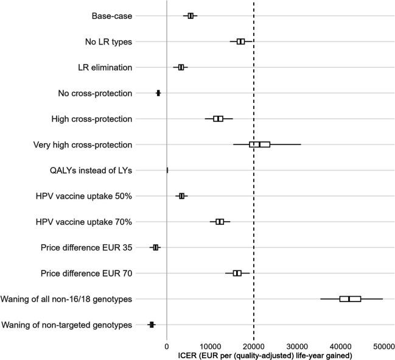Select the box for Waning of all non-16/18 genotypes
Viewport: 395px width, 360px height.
350,299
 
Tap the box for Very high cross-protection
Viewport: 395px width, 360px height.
259,144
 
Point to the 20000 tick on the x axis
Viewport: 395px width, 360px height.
254,345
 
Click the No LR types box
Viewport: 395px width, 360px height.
241,41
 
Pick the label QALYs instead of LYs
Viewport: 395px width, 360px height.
91,170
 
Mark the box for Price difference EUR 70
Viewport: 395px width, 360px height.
237,273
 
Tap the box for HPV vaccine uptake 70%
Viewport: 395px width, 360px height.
220,222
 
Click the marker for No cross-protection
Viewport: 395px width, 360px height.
158,93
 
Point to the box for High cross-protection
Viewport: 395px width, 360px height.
218,119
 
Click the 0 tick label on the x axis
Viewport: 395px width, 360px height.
167,345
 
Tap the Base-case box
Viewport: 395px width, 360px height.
191,16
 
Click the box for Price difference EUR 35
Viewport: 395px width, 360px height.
156,247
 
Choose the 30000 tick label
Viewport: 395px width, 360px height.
297,345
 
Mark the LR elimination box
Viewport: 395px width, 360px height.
181,67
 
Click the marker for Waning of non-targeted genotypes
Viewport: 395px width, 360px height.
152,325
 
